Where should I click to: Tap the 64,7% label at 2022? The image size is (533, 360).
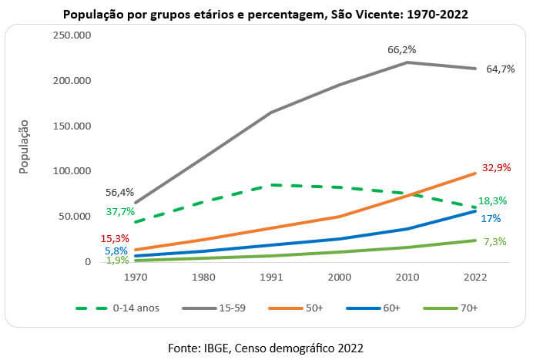501,69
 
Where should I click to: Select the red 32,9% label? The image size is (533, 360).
498,167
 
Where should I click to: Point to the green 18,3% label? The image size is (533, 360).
498,200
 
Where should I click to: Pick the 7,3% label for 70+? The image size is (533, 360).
494,241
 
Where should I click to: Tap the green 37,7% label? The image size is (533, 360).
119,211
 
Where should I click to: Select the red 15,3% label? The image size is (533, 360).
114,238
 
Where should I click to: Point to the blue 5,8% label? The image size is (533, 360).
116,251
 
